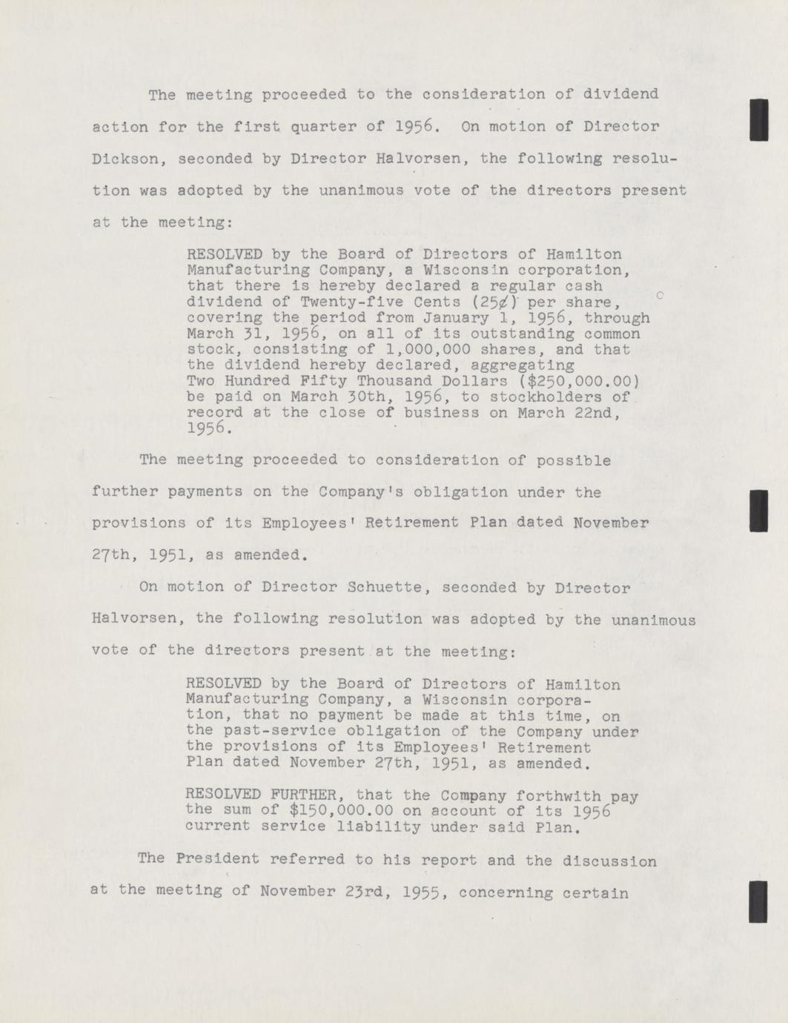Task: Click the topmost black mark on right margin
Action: tap(758, 119)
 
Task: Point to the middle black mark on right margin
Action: tap(758, 511)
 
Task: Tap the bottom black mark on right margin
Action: tap(758, 901)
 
